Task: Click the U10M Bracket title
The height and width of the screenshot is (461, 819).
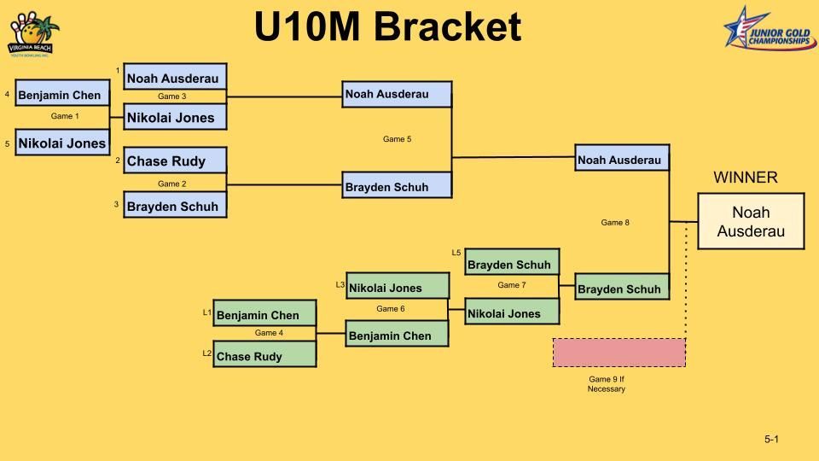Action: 387,27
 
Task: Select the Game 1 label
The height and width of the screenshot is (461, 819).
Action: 65,116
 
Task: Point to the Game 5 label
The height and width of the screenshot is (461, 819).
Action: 397,139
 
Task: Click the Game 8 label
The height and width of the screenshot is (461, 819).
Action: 615,223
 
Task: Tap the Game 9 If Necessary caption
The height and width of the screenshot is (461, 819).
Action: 606,384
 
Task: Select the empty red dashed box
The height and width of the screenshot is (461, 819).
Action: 619,353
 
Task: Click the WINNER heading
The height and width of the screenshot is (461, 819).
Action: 745,178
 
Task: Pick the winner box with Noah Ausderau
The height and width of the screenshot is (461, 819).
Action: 751,221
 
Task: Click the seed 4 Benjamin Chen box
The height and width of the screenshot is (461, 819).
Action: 62,95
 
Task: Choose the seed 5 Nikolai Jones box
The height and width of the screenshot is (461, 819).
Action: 62,143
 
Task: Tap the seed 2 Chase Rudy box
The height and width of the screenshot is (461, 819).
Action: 175,160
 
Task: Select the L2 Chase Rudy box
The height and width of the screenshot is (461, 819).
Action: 264,355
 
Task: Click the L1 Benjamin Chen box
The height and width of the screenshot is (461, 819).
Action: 264,315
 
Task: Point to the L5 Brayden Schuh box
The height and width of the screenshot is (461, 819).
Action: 512,264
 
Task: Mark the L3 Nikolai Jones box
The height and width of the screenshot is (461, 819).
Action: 397,288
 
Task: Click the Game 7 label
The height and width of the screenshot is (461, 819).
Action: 511,285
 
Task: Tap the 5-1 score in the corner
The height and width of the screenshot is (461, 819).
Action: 771,440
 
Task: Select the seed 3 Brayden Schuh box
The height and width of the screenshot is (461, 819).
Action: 175,206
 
